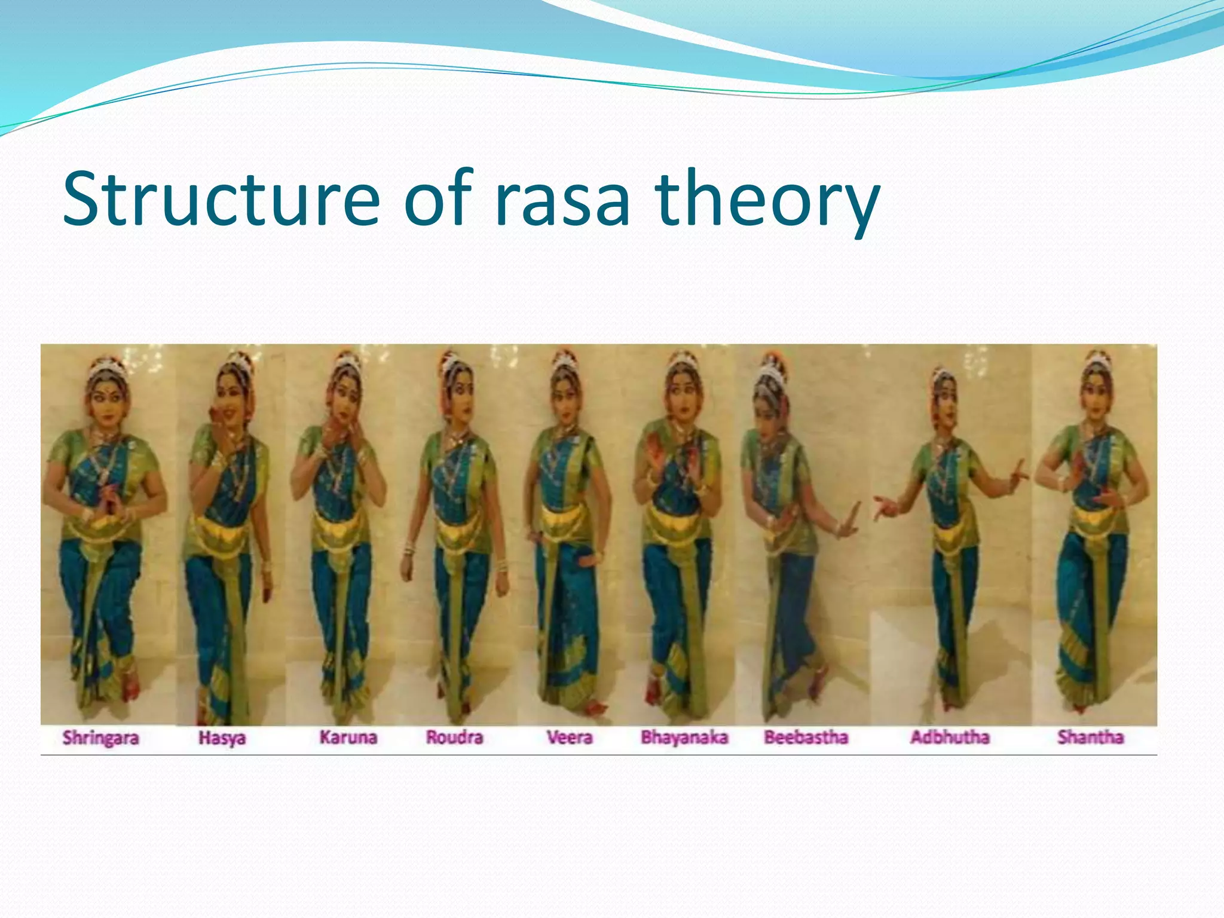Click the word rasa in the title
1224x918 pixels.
coord(562,200)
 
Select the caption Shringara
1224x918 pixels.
coord(100,738)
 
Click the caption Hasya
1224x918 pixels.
coord(222,738)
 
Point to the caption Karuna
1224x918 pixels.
coord(348,737)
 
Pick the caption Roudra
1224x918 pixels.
coord(454,737)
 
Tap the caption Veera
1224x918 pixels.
coord(570,737)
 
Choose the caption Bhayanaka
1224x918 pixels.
coord(684,737)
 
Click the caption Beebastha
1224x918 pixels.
coord(806,737)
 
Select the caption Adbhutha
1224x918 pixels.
coord(950,737)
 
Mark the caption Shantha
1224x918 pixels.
coord(1090,737)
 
